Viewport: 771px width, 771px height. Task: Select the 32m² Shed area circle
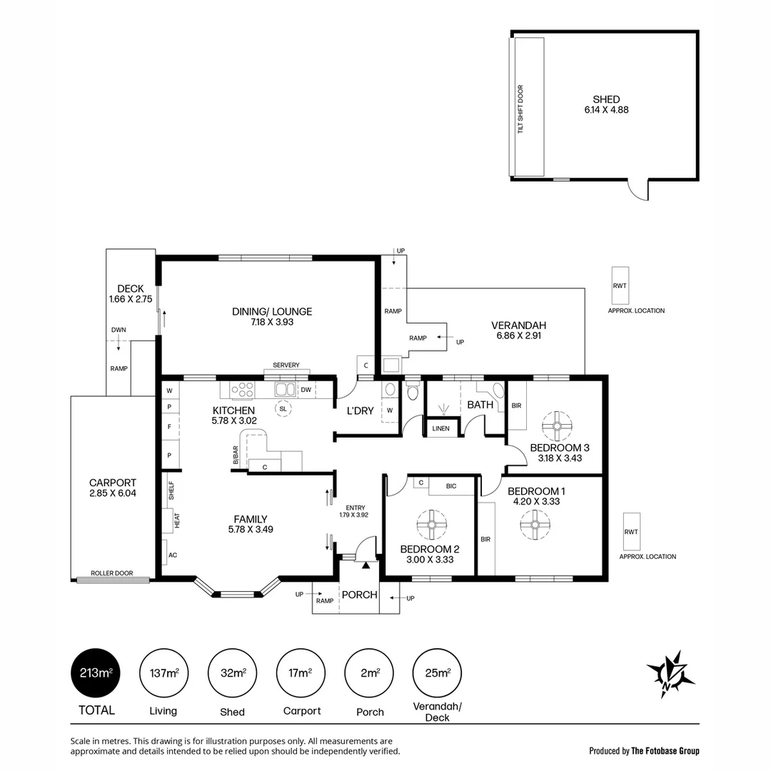tap(232, 673)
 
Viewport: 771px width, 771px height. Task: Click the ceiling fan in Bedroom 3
tap(553, 426)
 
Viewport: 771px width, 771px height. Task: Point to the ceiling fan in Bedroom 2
tap(431, 525)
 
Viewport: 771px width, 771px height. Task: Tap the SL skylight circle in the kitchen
tap(283, 409)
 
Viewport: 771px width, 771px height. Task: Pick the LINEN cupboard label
tap(441, 428)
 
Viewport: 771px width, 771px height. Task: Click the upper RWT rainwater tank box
tap(619, 286)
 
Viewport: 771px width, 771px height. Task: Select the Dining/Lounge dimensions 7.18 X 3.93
tap(272, 322)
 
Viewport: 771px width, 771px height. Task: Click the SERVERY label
tap(286, 366)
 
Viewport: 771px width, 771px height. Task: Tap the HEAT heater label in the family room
tap(176, 520)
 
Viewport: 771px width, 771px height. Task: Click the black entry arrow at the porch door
tap(366, 565)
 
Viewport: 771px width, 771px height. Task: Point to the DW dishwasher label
tap(306, 390)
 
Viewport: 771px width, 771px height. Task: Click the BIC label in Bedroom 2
tap(450, 485)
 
